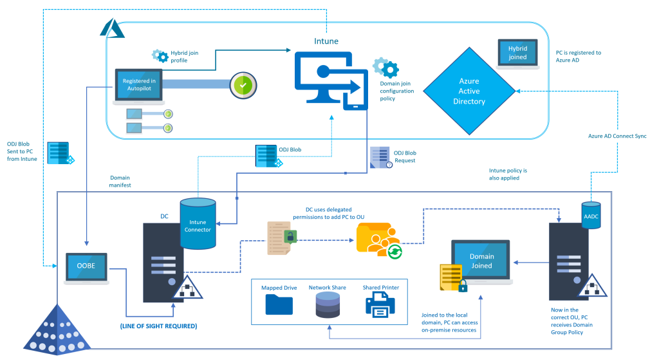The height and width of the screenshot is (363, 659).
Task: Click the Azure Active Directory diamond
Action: pos(469,91)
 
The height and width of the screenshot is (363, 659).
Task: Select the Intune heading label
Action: pos(327,41)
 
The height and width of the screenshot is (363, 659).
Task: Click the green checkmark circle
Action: pos(243,85)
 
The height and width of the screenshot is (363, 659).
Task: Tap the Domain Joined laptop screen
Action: pos(481,261)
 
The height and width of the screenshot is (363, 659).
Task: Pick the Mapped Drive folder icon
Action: pos(279,304)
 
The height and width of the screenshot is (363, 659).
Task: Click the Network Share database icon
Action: pos(328,305)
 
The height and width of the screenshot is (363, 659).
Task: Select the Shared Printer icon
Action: pos(380,304)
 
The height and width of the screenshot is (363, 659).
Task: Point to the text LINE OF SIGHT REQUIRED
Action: pos(158,326)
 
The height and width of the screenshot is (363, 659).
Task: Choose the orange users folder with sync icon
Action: pos(382,241)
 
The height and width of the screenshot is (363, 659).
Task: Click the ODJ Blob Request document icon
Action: pos(380,158)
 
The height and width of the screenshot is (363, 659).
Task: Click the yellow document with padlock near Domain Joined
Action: pos(452,277)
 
